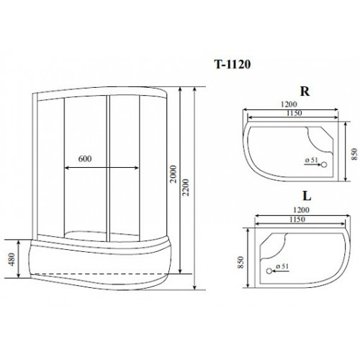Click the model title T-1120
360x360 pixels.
[x=233, y=64]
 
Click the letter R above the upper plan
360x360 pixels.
[x=305, y=91]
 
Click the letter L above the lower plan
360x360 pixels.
[x=307, y=196]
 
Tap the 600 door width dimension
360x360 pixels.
[x=85, y=158]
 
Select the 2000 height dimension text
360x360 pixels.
[x=174, y=174]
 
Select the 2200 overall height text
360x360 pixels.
[x=186, y=187]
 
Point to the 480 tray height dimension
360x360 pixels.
[x=12, y=259]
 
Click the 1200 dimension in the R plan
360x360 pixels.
[x=289, y=104]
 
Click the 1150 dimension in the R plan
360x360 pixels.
[x=294, y=113]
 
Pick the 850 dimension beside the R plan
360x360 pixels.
[x=354, y=154]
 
